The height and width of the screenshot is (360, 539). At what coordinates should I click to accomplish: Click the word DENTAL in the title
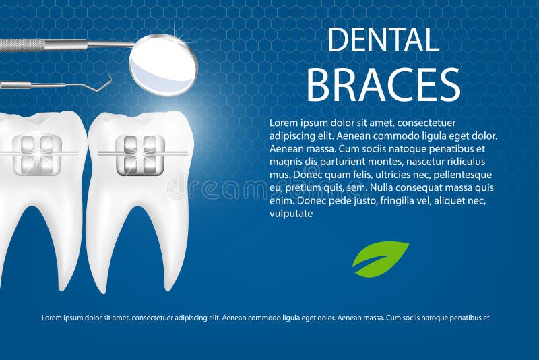pos(383,40)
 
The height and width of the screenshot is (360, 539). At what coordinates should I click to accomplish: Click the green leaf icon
pos(380,258)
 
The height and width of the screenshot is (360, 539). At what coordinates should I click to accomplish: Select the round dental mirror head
pos(163,65)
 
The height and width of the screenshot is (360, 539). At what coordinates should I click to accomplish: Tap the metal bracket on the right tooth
pos(140,154)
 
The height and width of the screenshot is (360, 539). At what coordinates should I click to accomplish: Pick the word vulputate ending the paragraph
pos(291,214)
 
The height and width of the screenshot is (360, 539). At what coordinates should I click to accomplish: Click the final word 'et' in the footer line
pos(484,317)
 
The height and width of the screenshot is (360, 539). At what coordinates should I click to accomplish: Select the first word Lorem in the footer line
pos(52,317)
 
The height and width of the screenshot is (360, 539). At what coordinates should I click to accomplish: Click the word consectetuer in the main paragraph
pos(427,123)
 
